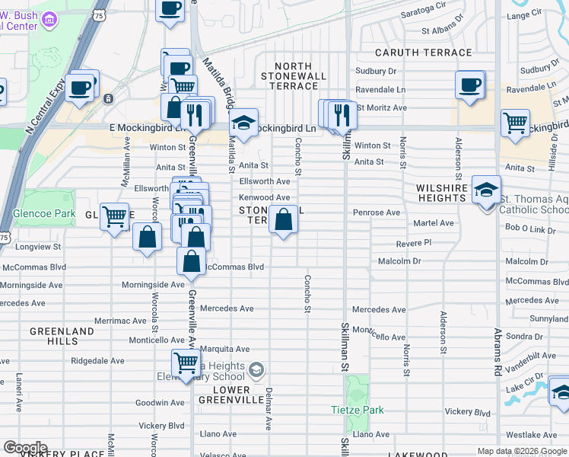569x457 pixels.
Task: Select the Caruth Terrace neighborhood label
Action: point(424,53)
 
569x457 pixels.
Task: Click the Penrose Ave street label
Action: point(376,213)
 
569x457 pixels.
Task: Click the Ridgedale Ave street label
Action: point(97,361)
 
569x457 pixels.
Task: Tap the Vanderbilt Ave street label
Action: point(532,355)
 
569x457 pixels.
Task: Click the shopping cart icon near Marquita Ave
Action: point(186,363)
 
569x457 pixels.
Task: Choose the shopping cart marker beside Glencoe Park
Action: point(114,217)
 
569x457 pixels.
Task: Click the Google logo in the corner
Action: point(25,448)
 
